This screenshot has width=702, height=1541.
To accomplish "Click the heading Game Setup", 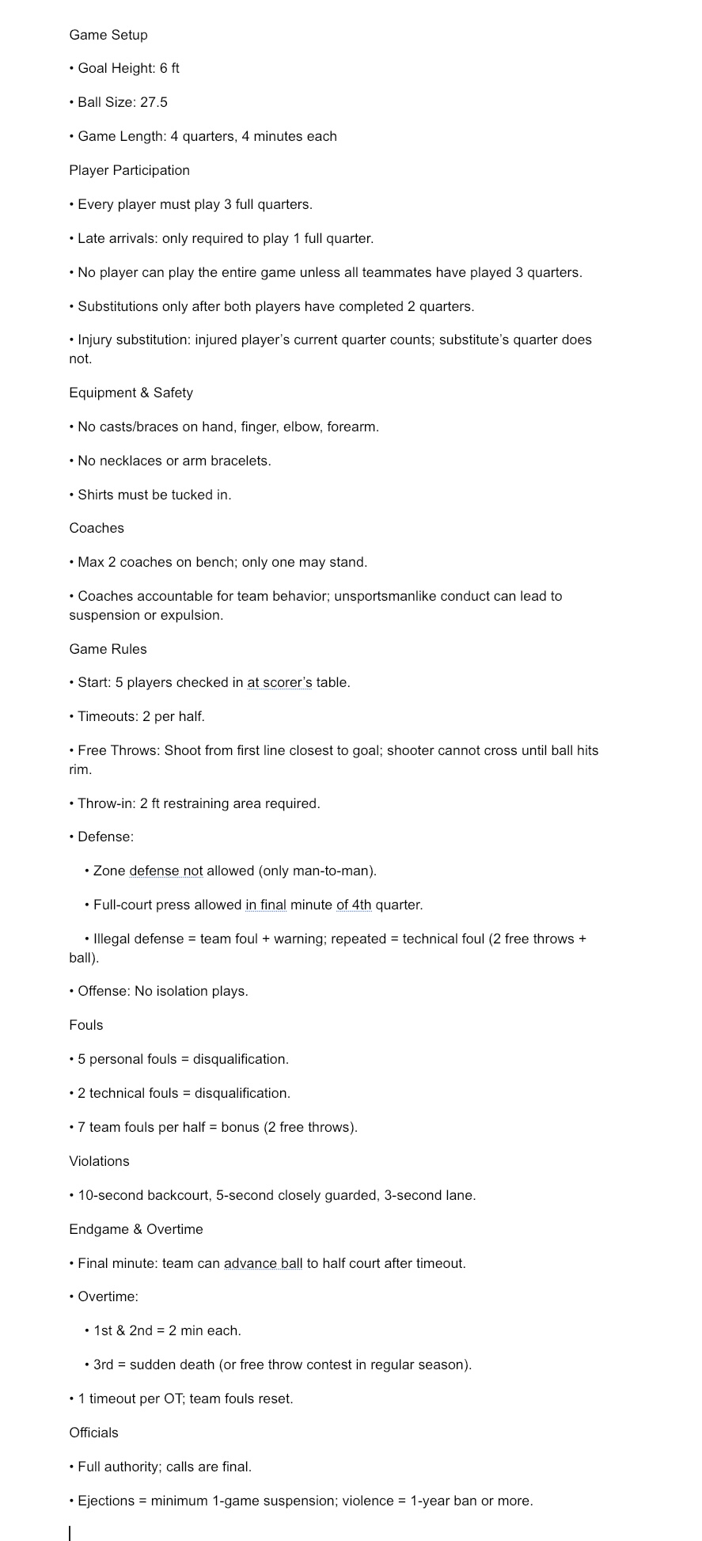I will click(108, 35).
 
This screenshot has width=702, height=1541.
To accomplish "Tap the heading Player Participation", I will click(129, 170).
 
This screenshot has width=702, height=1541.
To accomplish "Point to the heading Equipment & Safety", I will click(131, 393).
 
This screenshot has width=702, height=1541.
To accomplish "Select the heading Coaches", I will click(97, 528).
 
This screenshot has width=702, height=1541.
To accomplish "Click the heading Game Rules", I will click(108, 649).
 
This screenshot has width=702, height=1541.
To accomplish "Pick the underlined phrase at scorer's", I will click(279, 682).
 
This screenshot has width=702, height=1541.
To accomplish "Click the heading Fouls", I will click(86, 1025).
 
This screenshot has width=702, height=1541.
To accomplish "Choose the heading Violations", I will click(99, 1161).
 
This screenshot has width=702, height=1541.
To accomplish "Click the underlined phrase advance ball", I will click(263, 1263).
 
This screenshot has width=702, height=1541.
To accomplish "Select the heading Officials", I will click(93, 1433).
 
